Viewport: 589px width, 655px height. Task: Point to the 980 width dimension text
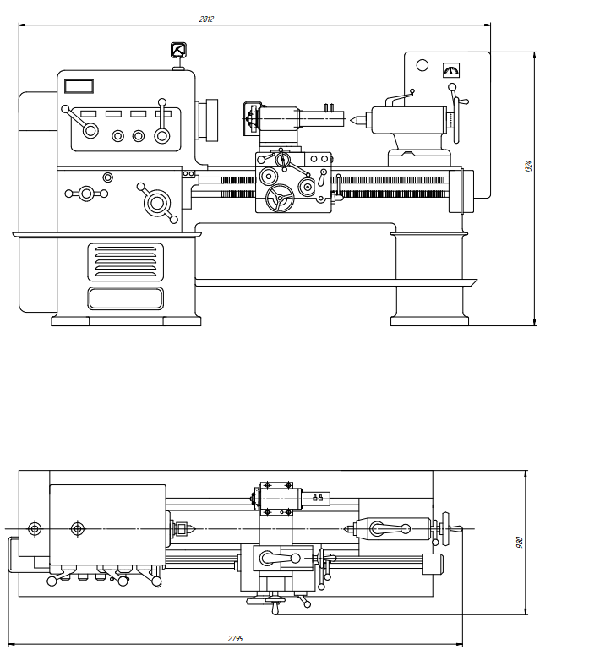click(520, 542)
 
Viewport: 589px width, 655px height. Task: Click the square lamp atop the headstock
click(178, 51)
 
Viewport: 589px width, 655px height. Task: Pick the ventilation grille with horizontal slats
click(126, 262)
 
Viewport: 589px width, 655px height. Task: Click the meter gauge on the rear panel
click(450, 70)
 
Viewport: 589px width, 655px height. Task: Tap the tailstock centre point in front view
click(352, 119)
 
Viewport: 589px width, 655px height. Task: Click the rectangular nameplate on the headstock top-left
click(79, 85)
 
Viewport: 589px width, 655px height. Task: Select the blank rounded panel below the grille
click(126, 297)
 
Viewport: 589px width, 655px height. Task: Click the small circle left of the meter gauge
click(423, 66)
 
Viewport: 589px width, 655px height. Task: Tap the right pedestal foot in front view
click(429, 320)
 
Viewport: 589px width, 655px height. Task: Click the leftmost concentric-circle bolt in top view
click(35, 529)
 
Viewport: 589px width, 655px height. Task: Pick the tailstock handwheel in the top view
click(445, 530)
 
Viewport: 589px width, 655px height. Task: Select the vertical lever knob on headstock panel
click(161, 105)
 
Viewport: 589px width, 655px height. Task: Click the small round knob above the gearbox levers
click(107, 177)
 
